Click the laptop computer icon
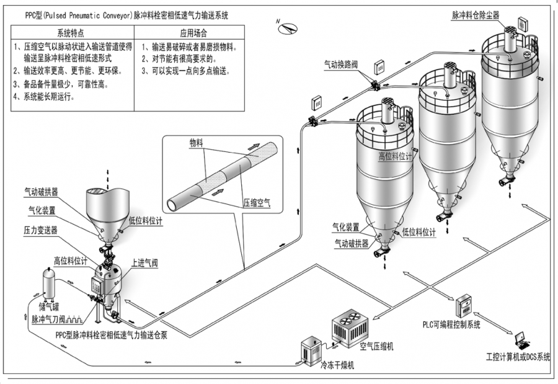tap(522, 340)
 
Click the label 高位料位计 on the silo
tap(394, 157)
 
